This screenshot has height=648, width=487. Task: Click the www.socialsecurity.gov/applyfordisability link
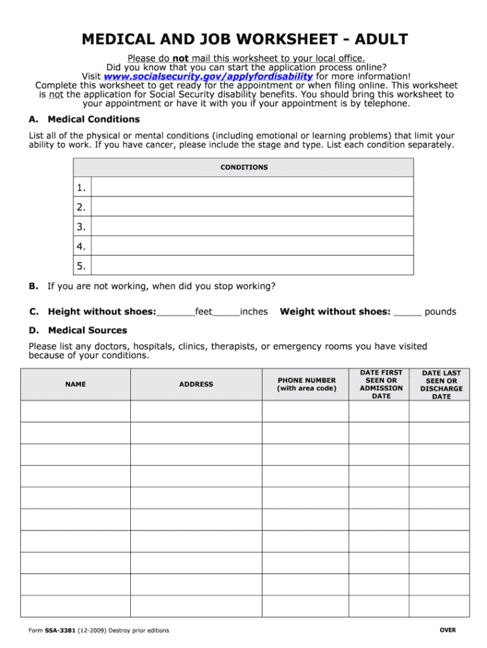point(208,77)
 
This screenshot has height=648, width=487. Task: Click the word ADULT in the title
point(381,39)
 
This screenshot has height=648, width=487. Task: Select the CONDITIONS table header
point(244,167)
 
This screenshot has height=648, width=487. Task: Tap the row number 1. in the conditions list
point(82,187)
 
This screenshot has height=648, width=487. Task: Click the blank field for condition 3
point(252,226)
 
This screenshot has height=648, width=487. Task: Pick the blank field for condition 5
point(252,266)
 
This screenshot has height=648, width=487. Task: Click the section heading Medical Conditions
point(94,120)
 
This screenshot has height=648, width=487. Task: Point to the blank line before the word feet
point(176,312)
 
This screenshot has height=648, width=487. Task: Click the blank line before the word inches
point(226,312)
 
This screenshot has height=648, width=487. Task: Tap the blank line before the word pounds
point(408,312)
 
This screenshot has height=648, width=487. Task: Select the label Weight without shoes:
point(335,311)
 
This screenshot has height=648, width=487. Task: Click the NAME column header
point(75,385)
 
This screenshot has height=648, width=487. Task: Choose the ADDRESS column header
point(196,385)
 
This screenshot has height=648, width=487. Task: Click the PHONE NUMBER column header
point(307,385)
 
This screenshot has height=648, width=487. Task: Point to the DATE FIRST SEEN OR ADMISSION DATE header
point(381,384)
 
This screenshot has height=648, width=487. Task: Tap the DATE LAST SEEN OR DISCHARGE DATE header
point(441,385)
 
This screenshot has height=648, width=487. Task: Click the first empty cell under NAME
point(75,411)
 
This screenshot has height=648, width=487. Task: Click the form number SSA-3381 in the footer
point(60,631)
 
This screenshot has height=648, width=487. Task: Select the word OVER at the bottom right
point(448,630)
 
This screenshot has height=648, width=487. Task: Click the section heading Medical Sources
point(87,331)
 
